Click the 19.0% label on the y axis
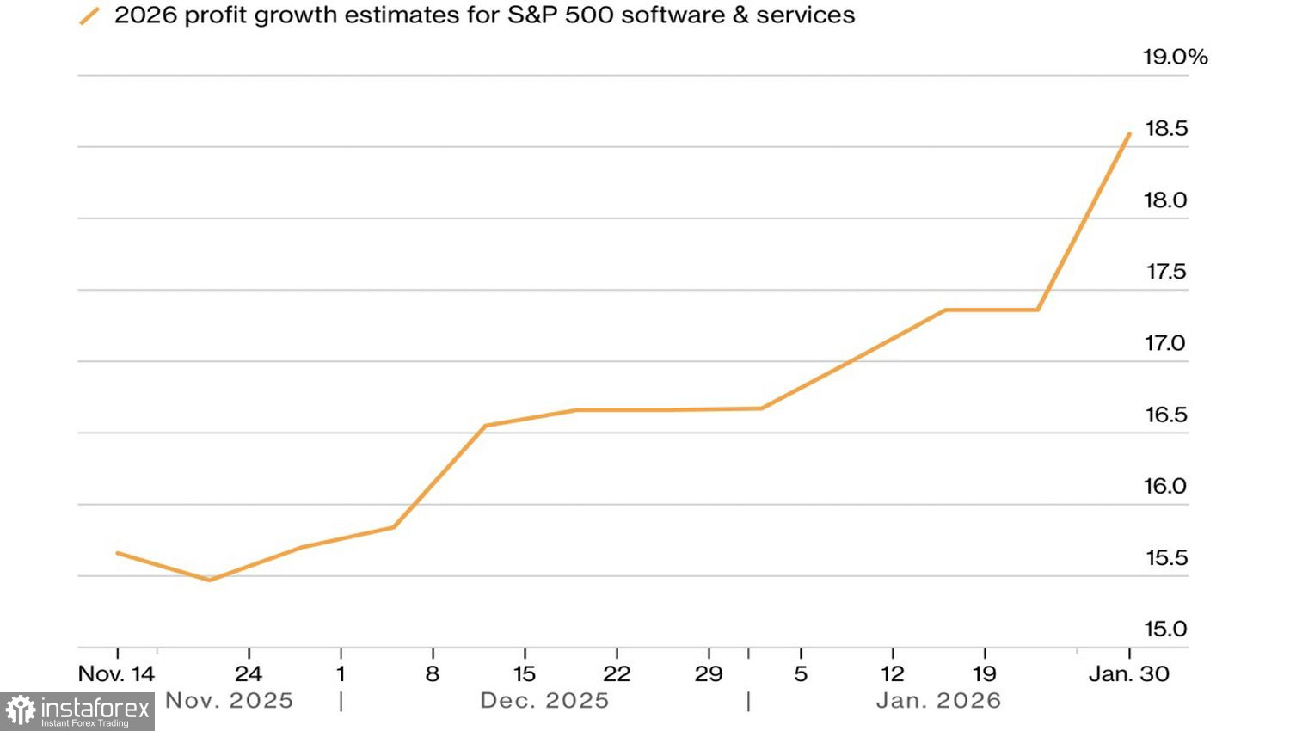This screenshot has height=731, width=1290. [x=1175, y=58]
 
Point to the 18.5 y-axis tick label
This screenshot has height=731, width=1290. [x=1166, y=129]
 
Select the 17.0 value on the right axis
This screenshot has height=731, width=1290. [x=1165, y=344]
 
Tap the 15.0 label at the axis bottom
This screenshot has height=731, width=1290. [x=1165, y=630]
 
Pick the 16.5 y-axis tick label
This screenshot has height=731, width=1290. [x=1165, y=415]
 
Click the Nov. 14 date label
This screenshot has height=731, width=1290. [x=116, y=674]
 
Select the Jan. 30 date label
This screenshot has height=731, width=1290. [x=1128, y=674]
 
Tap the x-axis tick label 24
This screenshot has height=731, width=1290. [x=249, y=674]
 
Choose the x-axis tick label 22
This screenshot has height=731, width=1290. [x=617, y=674]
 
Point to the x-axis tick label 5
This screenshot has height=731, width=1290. [x=801, y=674]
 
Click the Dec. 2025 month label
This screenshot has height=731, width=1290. [x=544, y=701]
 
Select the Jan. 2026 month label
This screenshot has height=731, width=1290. [x=938, y=701]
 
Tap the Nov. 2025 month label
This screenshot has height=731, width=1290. [x=230, y=701]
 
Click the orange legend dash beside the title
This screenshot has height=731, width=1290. [x=89, y=15]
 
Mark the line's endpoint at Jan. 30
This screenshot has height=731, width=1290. [x=1129, y=134]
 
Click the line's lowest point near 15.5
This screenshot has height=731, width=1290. [x=210, y=580]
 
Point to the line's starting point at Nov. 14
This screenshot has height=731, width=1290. [x=117, y=553]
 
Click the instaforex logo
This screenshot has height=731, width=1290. [x=77, y=711]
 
